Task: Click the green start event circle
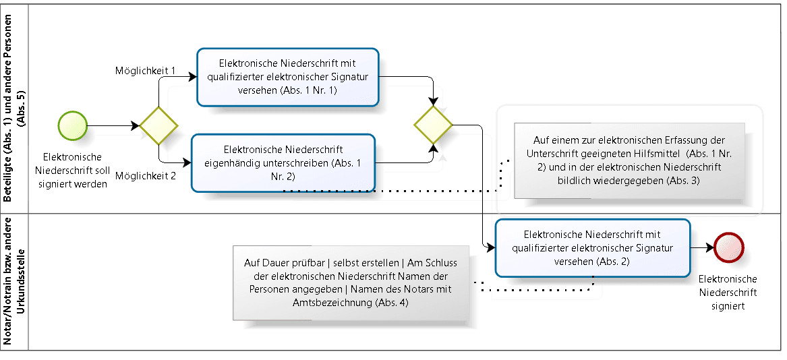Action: pyautogui.click(x=73, y=125)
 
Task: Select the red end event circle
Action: pyautogui.click(x=730, y=247)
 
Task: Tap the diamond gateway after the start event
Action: pyautogui.click(x=158, y=125)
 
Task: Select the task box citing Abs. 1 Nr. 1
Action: pyautogui.click(x=288, y=77)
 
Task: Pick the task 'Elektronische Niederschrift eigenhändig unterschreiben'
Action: pyautogui.click(x=283, y=162)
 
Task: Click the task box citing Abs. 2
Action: pyautogui.click(x=593, y=247)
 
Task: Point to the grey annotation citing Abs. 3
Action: pyautogui.click(x=629, y=160)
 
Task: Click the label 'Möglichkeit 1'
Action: pyautogui.click(x=146, y=71)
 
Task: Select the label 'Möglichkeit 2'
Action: pyautogui.click(x=146, y=176)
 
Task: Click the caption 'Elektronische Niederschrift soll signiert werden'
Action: pyautogui.click(x=73, y=171)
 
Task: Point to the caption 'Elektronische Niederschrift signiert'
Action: pyautogui.click(x=728, y=292)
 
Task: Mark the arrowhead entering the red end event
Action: pyautogui.click(x=710, y=247)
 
